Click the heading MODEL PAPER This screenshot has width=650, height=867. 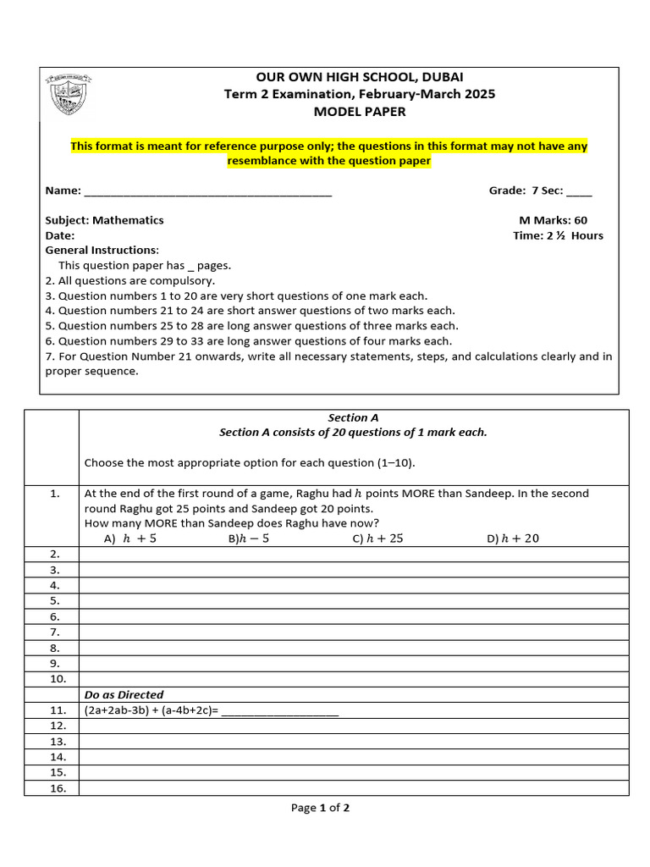360,112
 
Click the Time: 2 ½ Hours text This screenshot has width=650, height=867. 558,235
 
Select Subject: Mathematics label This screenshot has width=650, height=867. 104,220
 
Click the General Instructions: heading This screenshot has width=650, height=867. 102,251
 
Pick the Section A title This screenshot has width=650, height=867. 353,417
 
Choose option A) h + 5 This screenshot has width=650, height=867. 129,538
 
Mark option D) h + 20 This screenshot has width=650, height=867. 513,538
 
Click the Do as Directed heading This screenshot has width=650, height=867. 124,695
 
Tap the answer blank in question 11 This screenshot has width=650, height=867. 279,711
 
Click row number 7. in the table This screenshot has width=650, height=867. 54,632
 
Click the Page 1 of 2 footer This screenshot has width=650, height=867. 320,808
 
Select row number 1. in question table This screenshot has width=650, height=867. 54,494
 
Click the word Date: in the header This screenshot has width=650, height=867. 60,235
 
